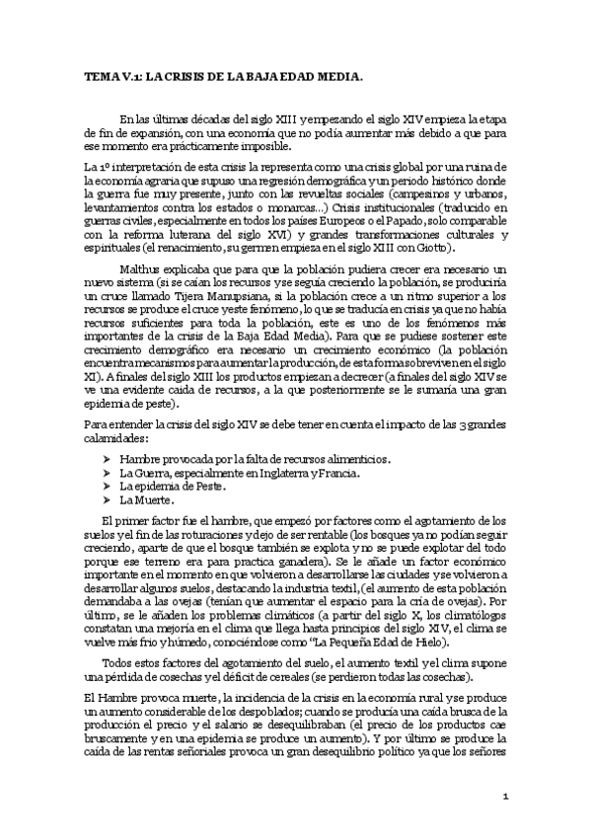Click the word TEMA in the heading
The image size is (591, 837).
pos(99,75)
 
